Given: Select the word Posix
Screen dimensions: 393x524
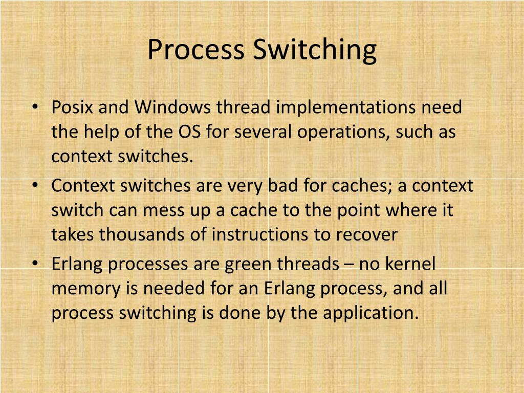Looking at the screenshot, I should coord(71,108).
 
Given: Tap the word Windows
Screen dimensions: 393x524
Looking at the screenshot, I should coord(172,108).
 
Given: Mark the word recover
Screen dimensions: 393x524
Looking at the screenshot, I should coord(366,234).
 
